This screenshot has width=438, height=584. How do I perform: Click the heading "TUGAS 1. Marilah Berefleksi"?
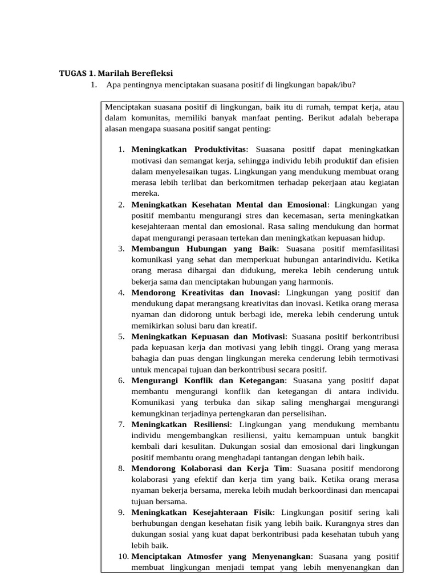[116, 73]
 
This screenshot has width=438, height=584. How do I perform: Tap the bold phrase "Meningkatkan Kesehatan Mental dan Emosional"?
[229, 204]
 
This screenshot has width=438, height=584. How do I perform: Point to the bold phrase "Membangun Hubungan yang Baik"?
[204, 249]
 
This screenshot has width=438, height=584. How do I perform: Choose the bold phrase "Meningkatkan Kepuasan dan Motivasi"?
[208, 336]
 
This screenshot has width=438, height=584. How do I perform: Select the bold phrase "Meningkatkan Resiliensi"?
[181, 425]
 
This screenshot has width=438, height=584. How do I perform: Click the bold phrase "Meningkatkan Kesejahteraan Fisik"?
[202, 513]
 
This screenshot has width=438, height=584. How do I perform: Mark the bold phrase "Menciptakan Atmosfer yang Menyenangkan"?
[221, 557]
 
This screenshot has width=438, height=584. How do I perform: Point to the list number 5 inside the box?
[121, 336]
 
